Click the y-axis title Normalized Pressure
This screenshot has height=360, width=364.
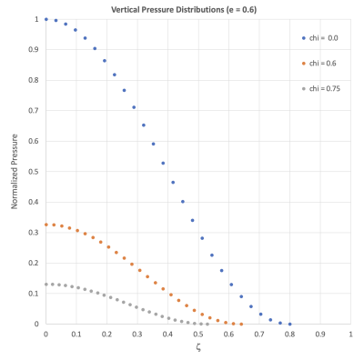(15, 172)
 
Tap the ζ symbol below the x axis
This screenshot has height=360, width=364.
(197, 347)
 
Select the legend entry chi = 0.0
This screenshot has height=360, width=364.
(320, 38)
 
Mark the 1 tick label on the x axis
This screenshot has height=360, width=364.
(350, 334)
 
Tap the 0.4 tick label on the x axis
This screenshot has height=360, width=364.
(167, 334)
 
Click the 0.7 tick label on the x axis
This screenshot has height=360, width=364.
(258, 334)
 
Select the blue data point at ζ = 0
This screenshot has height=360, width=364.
(45, 19)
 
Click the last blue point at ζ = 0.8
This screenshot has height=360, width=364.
(289, 324)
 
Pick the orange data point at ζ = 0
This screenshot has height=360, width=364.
(45, 225)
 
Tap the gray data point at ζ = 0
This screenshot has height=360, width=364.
(45, 285)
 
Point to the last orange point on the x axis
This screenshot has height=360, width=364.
(241, 324)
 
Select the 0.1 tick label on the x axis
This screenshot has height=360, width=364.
(76, 334)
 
